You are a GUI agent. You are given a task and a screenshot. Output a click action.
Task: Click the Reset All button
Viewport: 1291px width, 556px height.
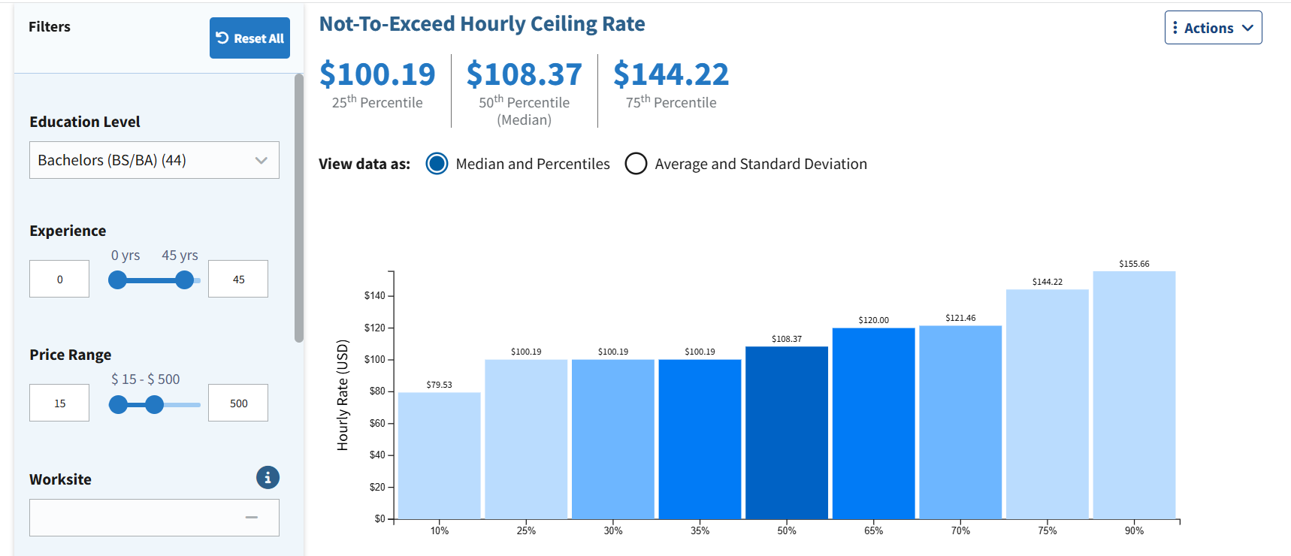pos(249,38)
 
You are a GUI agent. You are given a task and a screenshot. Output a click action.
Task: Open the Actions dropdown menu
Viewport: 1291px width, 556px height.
pos(1213,28)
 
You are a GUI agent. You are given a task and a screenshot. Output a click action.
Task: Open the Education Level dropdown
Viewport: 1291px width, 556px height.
pos(154,160)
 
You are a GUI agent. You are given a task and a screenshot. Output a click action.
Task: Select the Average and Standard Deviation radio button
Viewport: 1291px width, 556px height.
pos(636,164)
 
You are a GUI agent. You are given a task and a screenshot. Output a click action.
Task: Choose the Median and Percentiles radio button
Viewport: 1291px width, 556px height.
pos(437,164)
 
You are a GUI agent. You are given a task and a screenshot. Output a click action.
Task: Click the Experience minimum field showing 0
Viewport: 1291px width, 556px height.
pos(59,279)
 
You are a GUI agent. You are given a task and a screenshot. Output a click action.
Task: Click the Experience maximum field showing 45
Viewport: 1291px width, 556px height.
pos(238,279)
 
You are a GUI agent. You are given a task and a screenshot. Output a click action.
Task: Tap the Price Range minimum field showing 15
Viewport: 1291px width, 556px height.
pos(59,403)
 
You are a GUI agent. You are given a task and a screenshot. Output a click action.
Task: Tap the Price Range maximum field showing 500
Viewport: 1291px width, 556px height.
pos(238,403)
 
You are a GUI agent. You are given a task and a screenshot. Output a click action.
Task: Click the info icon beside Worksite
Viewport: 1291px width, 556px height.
pos(268,478)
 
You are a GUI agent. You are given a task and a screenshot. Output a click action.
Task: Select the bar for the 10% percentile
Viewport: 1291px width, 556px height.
pos(440,455)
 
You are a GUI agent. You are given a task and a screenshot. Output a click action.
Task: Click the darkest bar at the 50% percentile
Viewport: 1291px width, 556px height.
pos(787,433)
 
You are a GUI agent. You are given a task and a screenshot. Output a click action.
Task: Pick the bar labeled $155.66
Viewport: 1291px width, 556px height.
pos(1134,395)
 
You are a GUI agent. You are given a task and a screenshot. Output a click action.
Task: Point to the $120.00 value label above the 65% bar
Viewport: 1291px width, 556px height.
pos(874,320)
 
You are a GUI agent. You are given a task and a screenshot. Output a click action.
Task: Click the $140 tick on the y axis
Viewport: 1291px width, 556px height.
pos(374,296)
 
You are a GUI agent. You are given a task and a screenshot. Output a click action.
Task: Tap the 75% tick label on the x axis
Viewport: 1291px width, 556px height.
pos(1048,530)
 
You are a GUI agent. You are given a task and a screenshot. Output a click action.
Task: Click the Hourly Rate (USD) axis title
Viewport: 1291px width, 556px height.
pos(343,395)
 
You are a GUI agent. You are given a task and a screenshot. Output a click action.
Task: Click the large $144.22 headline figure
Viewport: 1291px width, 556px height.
pos(671,74)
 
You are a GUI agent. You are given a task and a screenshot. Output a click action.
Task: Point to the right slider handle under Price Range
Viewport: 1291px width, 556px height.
pos(155,405)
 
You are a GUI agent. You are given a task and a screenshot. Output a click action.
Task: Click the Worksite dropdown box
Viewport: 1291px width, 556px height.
pos(154,518)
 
